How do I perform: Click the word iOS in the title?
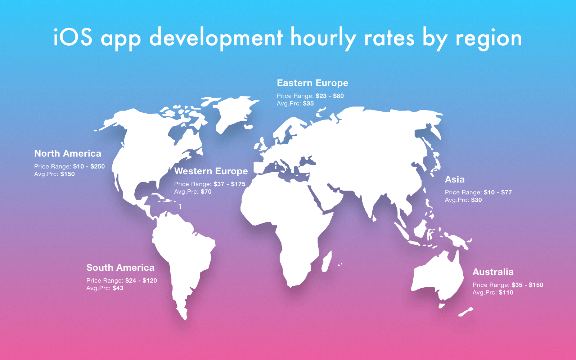(x=73, y=37)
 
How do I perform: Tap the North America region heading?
(x=68, y=153)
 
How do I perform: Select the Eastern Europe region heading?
(x=312, y=83)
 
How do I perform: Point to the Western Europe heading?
(x=211, y=171)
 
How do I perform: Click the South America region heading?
(x=120, y=268)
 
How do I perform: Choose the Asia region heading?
(x=455, y=180)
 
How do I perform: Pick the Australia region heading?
(x=493, y=272)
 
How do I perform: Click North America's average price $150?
(x=67, y=174)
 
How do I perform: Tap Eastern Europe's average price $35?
(x=308, y=104)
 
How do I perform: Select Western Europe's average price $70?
(x=206, y=192)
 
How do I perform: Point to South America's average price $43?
(x=118, y=288)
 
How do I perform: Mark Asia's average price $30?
(x=476, y=200)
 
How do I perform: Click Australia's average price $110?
(x=506, y=293)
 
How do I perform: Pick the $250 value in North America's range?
(x=98, y=166)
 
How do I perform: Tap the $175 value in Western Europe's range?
(x=238, y=184)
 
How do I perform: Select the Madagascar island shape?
(x=327, y=261)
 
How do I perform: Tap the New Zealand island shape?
(x=465, y=312)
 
